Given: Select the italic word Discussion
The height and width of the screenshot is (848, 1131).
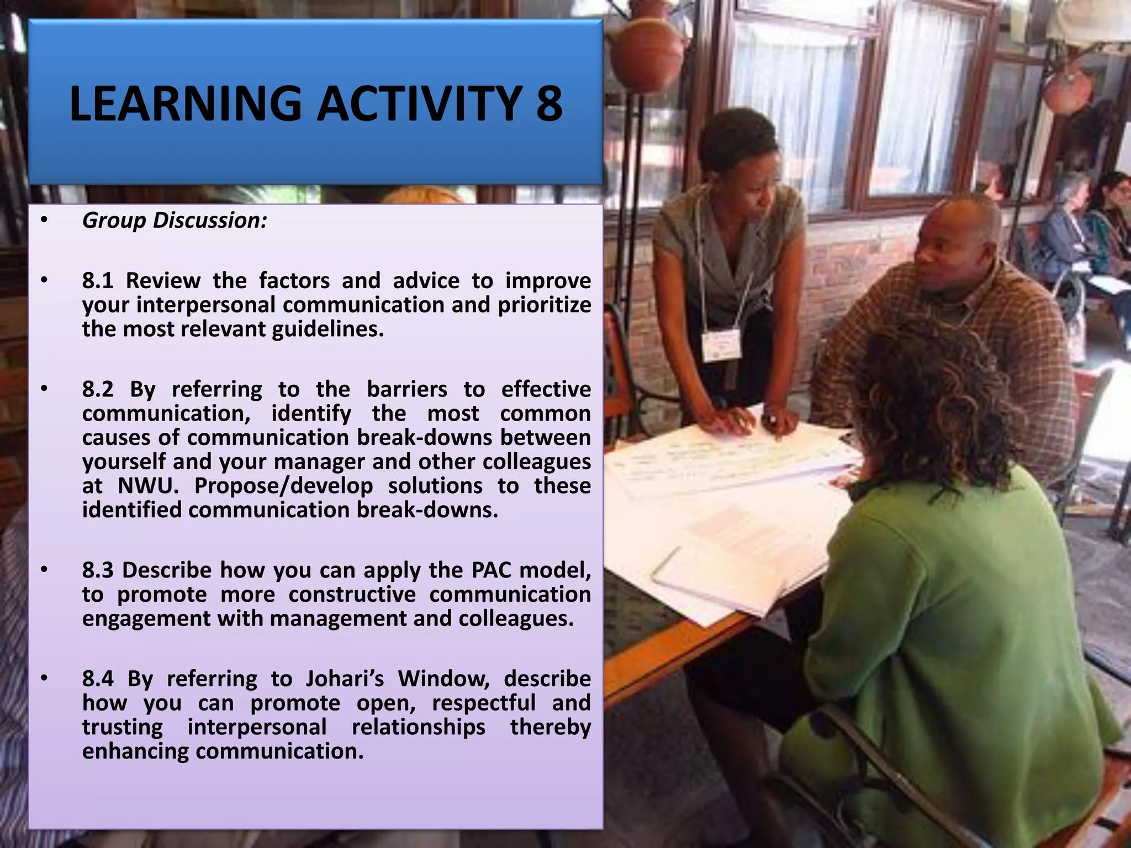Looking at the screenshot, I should coord(210,220).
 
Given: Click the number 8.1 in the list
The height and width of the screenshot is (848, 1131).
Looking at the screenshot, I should coord(97,280).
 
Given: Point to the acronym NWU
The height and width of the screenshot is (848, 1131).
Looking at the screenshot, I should coord(149,486).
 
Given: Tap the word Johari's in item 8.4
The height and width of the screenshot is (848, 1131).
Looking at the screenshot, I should coord(345,679).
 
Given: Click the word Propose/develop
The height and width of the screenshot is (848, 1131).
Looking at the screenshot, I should coord(283,486).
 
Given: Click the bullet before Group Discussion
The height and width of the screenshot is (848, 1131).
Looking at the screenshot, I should coord(44,220).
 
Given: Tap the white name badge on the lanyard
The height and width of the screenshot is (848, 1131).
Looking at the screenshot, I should coord(721,344).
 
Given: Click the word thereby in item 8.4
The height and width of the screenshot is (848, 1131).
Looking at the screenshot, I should coord(550,727).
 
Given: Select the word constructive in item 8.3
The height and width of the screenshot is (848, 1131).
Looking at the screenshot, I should coord(352,594).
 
